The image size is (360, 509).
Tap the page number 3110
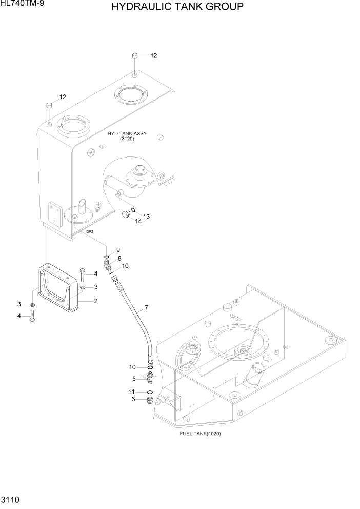tap(10, 499)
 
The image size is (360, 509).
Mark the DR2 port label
tap(89, 232)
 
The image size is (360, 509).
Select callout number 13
tap(146, 216)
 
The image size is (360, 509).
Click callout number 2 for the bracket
tap(95, 301)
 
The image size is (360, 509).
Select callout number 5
tap(134, 379)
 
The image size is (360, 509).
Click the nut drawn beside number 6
tap(150, 400)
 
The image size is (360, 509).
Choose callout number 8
tap(119, 258)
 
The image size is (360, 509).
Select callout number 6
tap(134, 400)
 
